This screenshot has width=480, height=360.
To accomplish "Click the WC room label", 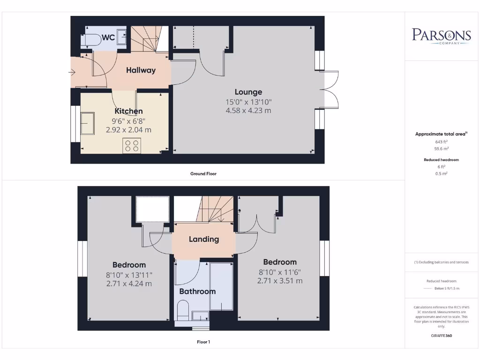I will (108, 37).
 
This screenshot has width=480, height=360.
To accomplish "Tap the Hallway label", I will (141, 70).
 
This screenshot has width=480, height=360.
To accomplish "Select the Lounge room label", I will (248, 92).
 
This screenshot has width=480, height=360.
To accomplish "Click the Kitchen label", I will (129, 111).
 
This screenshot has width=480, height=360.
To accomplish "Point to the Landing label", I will (204, 239).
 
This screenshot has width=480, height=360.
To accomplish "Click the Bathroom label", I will (197, 291).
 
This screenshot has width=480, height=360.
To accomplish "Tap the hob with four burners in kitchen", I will (132, 146).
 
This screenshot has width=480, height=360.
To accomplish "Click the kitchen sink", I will (88, 123).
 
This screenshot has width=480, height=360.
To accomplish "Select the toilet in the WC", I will (91, 39).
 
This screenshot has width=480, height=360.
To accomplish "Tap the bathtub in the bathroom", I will (221, 286).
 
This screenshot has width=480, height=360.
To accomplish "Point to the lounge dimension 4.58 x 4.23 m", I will (248, 111).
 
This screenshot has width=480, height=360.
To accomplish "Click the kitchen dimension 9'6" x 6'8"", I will (129, 120).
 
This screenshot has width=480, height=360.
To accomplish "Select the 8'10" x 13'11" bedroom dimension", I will (129, 275).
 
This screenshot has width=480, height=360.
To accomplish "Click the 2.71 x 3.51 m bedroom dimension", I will (280, 281).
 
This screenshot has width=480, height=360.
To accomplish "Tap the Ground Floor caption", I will (203, 173).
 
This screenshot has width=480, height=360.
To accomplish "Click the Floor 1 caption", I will (203, 342).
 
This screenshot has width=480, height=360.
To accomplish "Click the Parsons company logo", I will (441, 36).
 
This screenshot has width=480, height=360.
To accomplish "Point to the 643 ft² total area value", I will (441, 142).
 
